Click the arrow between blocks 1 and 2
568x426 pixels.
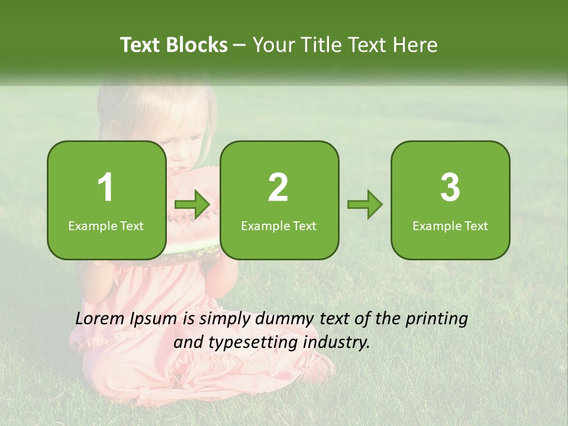point(192,205)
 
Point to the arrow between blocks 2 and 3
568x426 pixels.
point(365,205)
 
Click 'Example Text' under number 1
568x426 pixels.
point(106,225)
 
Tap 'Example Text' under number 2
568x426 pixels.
point(279,225)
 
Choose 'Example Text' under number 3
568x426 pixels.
point(450,225)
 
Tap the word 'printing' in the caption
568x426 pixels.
point(437,319)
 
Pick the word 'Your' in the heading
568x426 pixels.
point(275,45)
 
